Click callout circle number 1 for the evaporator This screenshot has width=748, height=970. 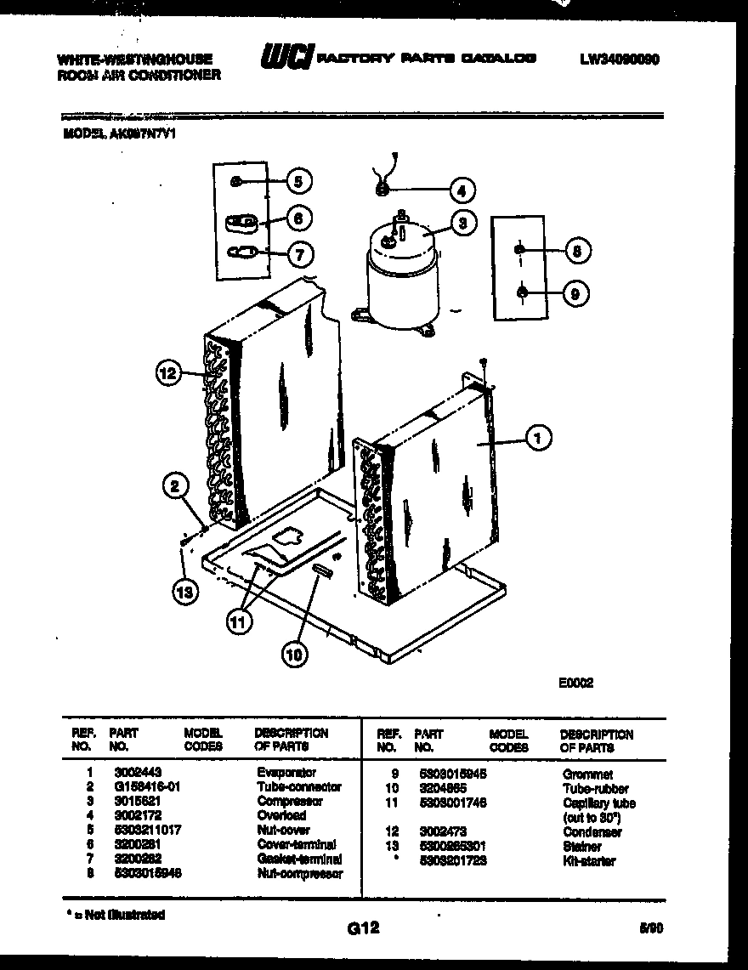(537, 438)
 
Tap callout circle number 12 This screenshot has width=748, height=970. (170, 372)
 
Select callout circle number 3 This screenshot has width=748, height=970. (462, 224)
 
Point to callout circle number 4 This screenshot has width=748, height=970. (462, 190)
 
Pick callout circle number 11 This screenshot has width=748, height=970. (241, 622)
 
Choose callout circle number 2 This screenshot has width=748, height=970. (176, 486)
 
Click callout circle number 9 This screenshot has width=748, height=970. (575, 293)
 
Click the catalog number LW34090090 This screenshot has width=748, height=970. (620, 60)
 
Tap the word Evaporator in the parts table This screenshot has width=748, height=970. (286, 773)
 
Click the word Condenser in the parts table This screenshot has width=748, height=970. (592, 832)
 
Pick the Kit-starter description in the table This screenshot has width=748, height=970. (589, 861)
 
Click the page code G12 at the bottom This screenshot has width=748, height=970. (363, 929)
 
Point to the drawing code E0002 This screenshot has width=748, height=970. (575, 682)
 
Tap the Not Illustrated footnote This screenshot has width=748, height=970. (115, 915)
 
